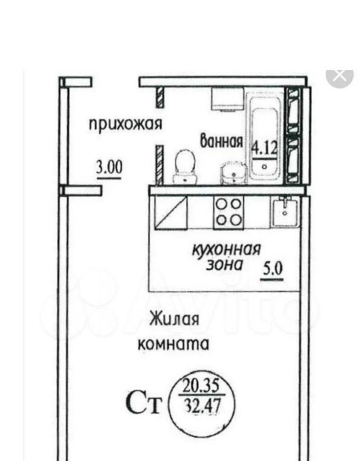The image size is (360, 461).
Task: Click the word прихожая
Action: click(126, 124)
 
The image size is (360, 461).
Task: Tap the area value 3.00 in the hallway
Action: click(109, 167)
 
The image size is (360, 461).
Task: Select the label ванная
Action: click(222, 141)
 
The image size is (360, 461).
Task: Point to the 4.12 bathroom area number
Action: click(264, 148)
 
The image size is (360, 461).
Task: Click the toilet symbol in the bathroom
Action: click(185, 167)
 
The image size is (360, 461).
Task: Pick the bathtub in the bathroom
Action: click(265, 136)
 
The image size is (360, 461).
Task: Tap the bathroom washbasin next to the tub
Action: click(234, 173)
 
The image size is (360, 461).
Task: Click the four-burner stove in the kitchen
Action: click(229, 212)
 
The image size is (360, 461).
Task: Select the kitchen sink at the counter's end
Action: click(285, 212)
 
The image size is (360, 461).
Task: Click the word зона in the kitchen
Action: click(224, 265)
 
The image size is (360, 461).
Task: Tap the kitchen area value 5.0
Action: click(273, 269)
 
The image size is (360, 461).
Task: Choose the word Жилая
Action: click(174, 320)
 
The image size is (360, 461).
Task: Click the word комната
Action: click(174, 344)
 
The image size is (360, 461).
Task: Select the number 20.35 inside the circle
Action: click(201, 386)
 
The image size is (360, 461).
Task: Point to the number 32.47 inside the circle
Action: click(203, 406)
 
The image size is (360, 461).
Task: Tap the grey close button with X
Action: click(340, 76)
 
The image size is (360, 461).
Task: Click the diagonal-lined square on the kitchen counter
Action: click(171, 212)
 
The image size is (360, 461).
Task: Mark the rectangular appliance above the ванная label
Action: click(227, 99)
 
